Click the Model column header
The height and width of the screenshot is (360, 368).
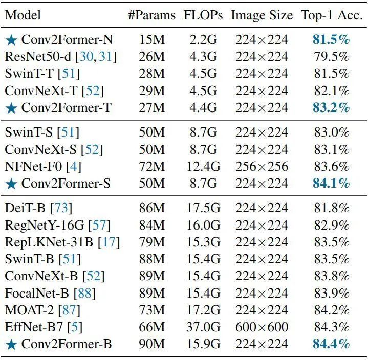click(23, 15)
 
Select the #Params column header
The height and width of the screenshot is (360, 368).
click(152, 15)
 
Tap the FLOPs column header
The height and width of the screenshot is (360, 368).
click(203, 15)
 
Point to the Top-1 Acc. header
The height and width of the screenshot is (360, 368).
click(331, 15)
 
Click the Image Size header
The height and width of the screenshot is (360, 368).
click(262, 15)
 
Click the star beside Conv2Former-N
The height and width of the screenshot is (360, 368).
click(11, 39)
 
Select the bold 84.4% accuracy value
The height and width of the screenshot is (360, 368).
click(331, 344)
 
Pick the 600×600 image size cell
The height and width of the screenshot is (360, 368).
click(262, 327)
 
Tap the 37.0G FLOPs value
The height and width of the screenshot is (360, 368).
click(203, 327)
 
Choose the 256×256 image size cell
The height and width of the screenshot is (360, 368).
click(262, 166)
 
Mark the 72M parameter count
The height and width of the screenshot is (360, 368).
click(152, 166)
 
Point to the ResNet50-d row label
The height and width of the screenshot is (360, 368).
click(38, 56)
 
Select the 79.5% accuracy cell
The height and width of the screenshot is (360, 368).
click(331, 56)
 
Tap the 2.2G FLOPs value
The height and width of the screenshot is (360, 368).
click(203, 39)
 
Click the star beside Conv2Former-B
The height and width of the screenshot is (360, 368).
click(11, 344)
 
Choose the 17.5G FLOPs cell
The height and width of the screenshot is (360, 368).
click(203, 208)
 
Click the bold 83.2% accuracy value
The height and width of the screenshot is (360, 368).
click(331, 108)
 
